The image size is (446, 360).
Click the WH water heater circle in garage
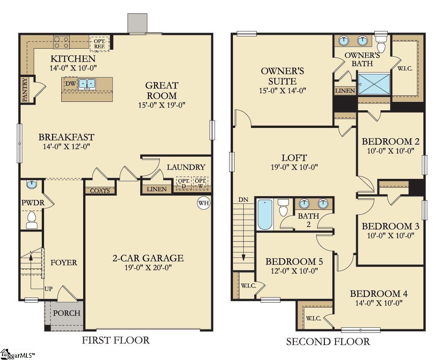tap(203, 203)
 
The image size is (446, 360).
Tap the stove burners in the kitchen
tap(61, 42)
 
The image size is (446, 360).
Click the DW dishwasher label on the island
tap(70, 84)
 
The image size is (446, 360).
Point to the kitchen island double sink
tap(87, 84)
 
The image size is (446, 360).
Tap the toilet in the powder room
tap(31, 220)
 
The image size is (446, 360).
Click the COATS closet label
tap(100, 190)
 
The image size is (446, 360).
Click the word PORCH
tap(67, 313)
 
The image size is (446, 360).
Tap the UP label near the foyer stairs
tap(48, 289)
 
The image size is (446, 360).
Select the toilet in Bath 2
tap(284, 208)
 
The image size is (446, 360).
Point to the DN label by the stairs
tap(243, 200)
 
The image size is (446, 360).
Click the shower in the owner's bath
tap(374, 83)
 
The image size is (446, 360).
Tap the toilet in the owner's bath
tap(381, 43)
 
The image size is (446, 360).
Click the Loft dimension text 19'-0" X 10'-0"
tap(294, 167)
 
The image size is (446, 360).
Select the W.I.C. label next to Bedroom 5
tap(246, 285)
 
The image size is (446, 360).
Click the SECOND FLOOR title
tap(328, 342)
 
